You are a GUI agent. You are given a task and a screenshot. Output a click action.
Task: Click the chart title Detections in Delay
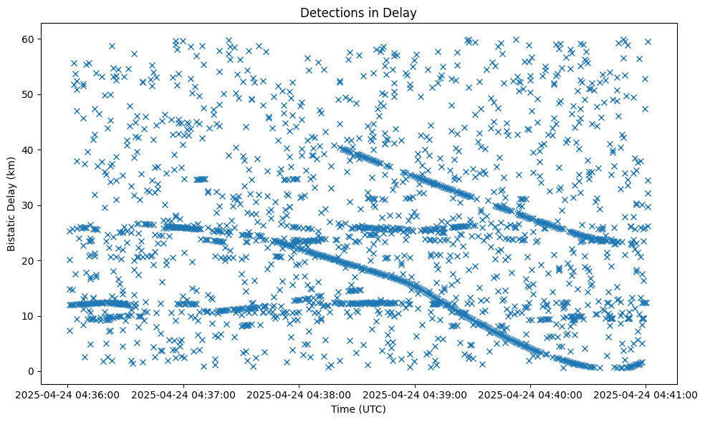358,12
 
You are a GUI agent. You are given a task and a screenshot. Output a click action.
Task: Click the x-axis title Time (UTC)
358,409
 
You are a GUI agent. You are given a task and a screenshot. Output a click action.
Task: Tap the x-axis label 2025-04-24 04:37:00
184,394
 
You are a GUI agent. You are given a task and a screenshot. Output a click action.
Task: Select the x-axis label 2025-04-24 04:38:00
299,394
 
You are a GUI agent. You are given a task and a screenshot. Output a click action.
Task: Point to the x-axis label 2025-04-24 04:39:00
415,394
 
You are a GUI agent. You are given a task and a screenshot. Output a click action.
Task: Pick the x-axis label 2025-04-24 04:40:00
530,394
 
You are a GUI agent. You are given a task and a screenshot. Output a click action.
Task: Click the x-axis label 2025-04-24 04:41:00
646,394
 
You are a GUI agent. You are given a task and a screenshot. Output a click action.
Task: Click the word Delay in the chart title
402,12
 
